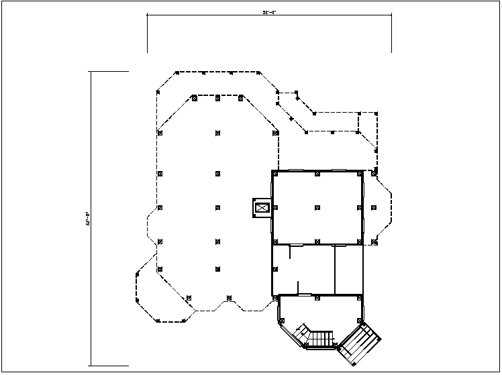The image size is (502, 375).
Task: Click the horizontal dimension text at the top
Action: coord(269,12)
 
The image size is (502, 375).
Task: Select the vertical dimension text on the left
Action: coord(87,219)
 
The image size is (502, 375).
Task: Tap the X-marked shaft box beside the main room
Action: coord(261,208)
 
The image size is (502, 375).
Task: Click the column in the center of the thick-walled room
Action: coord(317,207)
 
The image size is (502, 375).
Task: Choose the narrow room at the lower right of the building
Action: coord(348,270)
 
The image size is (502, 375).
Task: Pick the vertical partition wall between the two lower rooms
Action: coord(334,270)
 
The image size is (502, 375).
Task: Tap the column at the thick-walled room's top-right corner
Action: coord(360,173)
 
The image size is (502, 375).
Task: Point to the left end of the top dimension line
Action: coord(148,16)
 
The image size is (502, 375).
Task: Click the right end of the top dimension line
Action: coord(391,16)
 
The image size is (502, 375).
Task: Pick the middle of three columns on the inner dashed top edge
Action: coord(217,98)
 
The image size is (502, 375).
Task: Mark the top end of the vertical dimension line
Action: coord(91,71)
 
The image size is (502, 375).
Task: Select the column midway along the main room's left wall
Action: coord(273,208)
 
